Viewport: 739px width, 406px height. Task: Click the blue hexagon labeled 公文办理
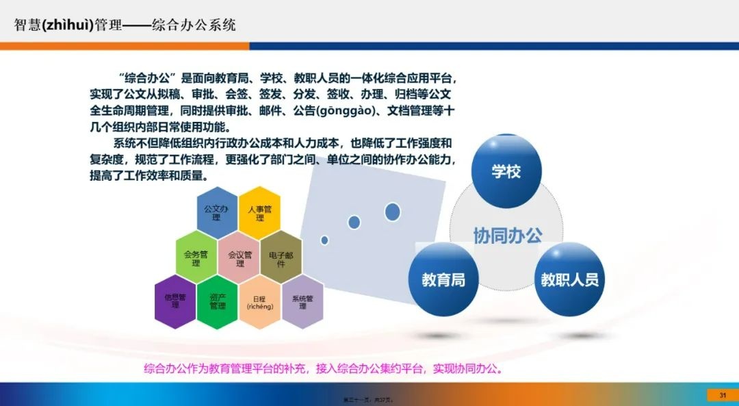coord(217,212)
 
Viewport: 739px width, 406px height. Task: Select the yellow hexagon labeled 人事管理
coord(259,212)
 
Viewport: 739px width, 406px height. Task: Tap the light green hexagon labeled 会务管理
coord(196,257)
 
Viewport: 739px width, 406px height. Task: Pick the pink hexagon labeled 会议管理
coord(239,258)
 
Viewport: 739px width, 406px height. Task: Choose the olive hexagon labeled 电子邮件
coord(281,258)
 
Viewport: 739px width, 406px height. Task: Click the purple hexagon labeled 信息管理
coord(175,301)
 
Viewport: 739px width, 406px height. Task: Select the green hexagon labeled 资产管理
coord(218,301)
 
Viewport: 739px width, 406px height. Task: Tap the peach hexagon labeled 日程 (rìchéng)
coord(260,302)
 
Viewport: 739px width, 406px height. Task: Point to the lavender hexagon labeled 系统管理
coord(302,302)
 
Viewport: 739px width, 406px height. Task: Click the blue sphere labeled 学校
coord(506,171)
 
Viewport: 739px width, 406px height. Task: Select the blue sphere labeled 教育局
coord(443,279)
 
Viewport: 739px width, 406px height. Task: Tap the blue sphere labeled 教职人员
coord(569,279)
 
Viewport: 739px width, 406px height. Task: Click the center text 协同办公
coord(508,235)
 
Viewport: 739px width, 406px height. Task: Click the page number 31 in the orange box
coord(722,395)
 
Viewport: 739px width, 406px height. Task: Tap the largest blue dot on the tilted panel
coord(392,212)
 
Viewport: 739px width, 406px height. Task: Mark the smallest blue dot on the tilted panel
coord(324,240)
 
